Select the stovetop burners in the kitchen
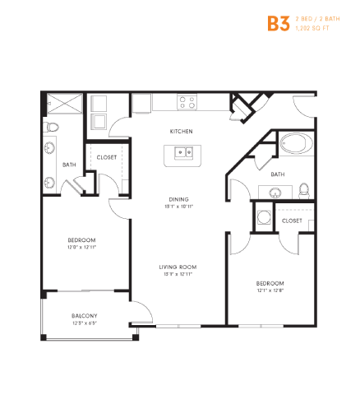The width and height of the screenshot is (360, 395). coord(187,103)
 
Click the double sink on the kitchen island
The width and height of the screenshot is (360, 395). coord(183,152)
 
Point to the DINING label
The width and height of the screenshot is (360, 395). coord(180,199)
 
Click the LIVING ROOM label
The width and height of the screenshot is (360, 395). coord(178,267)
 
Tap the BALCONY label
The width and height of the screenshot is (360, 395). coord(84,316)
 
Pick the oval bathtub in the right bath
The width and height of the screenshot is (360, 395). coord(295,145)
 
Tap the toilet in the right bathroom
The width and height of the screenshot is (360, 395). coord(302,189)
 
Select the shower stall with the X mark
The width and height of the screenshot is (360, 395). coord(63,105)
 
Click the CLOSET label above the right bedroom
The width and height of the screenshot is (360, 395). coord(292,221)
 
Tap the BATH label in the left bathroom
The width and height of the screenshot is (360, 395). coord(70,165)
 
